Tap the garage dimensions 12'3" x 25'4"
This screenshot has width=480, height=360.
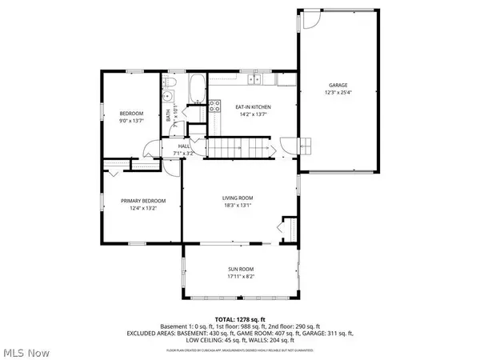(339, 93)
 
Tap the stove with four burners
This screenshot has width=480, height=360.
(214, 105)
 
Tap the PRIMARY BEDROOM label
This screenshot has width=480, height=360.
(143, 200)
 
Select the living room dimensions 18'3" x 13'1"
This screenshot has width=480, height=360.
(238, 206)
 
